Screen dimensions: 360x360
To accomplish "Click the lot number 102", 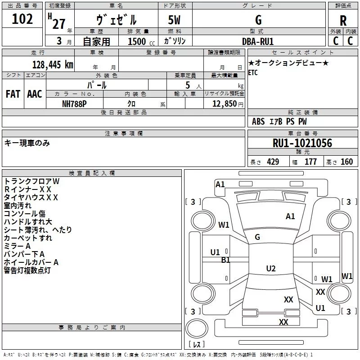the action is pos(22,19).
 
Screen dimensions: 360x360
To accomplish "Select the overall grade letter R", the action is pos(343,21).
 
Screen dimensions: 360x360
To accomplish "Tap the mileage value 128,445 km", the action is pos(53,65).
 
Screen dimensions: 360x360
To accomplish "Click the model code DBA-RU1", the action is pos(258,41).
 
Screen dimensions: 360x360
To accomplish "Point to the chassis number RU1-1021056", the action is pos(302,143).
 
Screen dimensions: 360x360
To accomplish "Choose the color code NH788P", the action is pos(74,104).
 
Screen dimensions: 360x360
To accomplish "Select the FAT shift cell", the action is pos(13,94).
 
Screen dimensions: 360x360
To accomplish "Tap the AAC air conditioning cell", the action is pos(35,94).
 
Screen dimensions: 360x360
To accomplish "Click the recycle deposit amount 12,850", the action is pos(225,104).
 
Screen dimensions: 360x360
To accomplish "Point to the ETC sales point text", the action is pos(253,72).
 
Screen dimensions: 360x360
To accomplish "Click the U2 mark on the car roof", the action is pos(271,268).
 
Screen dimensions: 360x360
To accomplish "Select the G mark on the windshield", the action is pos(257,237).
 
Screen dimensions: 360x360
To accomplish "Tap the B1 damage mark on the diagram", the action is pos(226,260).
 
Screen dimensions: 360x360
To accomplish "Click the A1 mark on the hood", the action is pos(290,216).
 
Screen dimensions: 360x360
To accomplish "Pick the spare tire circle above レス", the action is pos(197,328).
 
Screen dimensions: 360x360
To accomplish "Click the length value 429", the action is pos(273,162).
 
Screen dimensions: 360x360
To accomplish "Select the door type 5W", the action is pos(174,20).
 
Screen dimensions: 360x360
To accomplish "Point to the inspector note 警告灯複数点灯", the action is pos(27,270).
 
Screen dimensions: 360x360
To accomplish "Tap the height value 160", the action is pos(346,162).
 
